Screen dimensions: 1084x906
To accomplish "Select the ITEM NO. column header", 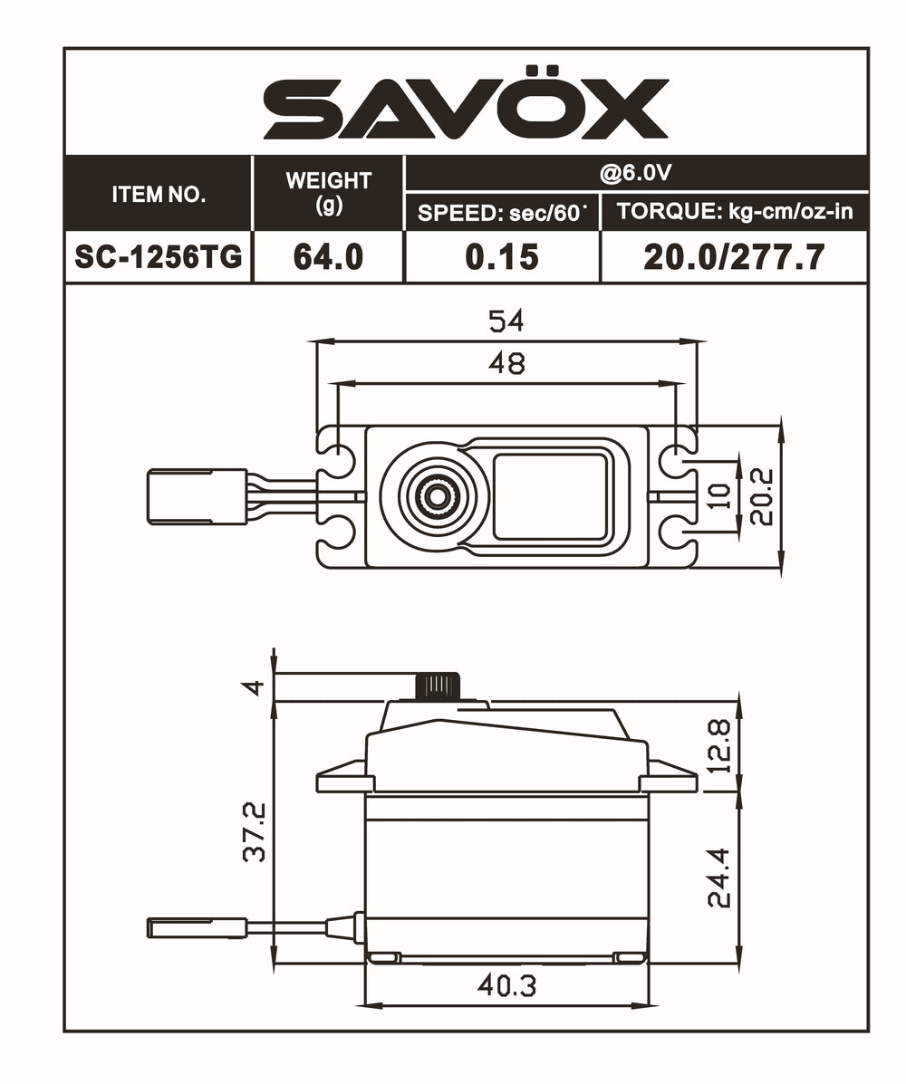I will click(x=159, y=194).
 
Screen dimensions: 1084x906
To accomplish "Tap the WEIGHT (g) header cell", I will click(x=328, y=191).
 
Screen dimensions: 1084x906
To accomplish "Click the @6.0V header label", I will click(x=635, y=172).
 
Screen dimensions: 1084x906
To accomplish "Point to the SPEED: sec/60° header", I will click(x=502, y=213).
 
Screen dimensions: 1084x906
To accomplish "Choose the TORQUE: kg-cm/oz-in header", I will click(x=735, y=213).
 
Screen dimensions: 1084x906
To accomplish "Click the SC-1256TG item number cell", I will click(x=159, y=257).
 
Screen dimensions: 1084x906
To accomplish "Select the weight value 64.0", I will click(x=328, y=257).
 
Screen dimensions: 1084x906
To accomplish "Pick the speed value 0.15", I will click(x=502, y=257).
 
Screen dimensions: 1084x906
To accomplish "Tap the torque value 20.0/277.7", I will click(x=734, y=257).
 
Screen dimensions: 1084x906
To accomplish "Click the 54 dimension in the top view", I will click(x=506, y=321).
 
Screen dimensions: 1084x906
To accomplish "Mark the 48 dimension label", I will click(x=506, y=363).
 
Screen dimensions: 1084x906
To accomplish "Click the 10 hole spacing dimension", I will click(x=720, y=496).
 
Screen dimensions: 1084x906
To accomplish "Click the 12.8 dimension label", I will click(x=719, y=744).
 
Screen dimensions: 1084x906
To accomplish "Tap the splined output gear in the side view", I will click(x=439, y=686).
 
